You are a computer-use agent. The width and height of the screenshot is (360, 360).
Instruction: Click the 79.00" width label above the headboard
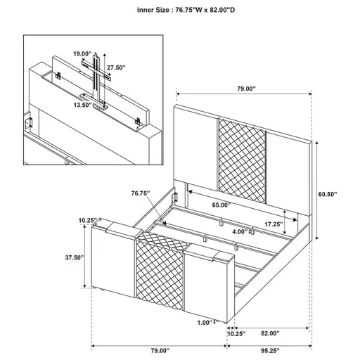pos(245,89)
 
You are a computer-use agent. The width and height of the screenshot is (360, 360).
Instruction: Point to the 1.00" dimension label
pos(206,322)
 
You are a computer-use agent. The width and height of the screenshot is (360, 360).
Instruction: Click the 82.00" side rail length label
pos(269,333)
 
